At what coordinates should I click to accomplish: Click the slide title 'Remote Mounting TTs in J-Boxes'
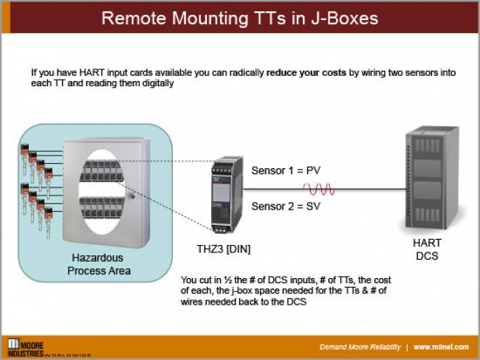pos(240,18)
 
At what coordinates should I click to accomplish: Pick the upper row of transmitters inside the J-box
pos(100,168)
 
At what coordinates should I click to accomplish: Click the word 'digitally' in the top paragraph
pos(156,83)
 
